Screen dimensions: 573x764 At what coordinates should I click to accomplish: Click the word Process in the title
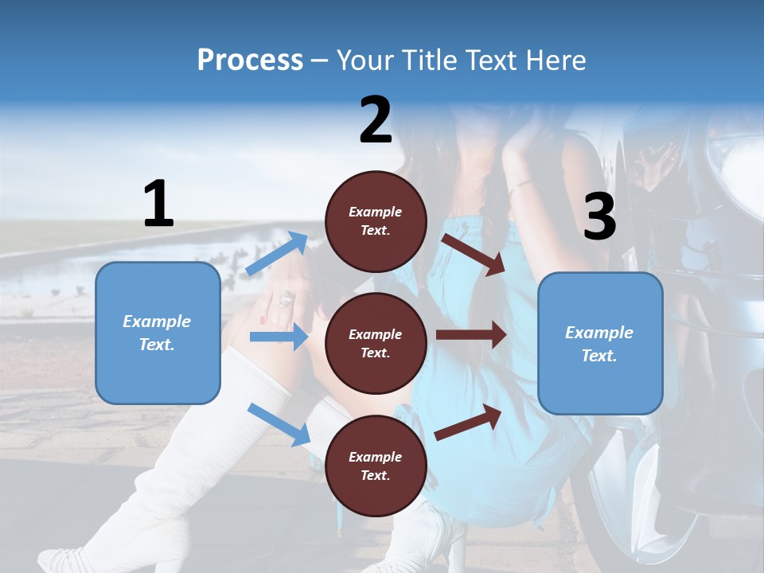[250, 60]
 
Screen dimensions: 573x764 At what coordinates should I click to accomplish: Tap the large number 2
[376, 121]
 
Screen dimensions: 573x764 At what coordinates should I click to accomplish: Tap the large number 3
[599, 216]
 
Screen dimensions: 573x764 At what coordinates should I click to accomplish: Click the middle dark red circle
[376, 343]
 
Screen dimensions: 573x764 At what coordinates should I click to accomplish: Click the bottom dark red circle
[376, 466]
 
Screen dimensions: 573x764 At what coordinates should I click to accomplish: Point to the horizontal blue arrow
[279, 337]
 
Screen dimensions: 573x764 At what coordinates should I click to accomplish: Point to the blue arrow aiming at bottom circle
[279, 423]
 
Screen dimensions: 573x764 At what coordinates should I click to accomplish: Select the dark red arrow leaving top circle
[474, 254]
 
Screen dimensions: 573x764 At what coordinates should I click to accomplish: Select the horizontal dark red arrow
[470, 335]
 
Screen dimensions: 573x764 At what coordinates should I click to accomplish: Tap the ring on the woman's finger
[286, 299]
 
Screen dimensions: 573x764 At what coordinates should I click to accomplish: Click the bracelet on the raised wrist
[521, 187]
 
